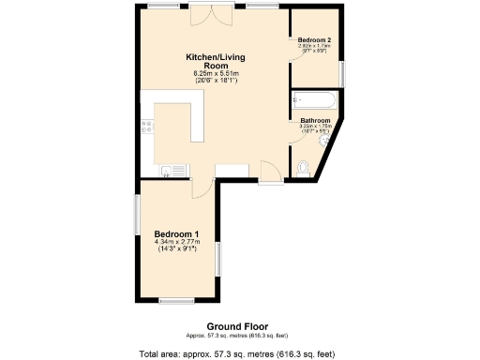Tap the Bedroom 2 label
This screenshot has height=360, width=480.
(x=314, y=40)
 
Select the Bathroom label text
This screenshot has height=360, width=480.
(x=315, y=121)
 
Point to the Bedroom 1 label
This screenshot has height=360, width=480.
(x=176, y=233)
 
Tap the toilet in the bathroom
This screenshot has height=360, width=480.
(x=303, y=167)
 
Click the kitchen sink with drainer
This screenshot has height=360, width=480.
(x=173, y=171)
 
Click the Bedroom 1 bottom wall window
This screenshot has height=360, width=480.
(x=174, y=301)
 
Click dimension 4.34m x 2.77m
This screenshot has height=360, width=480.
(x=176, y=242)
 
